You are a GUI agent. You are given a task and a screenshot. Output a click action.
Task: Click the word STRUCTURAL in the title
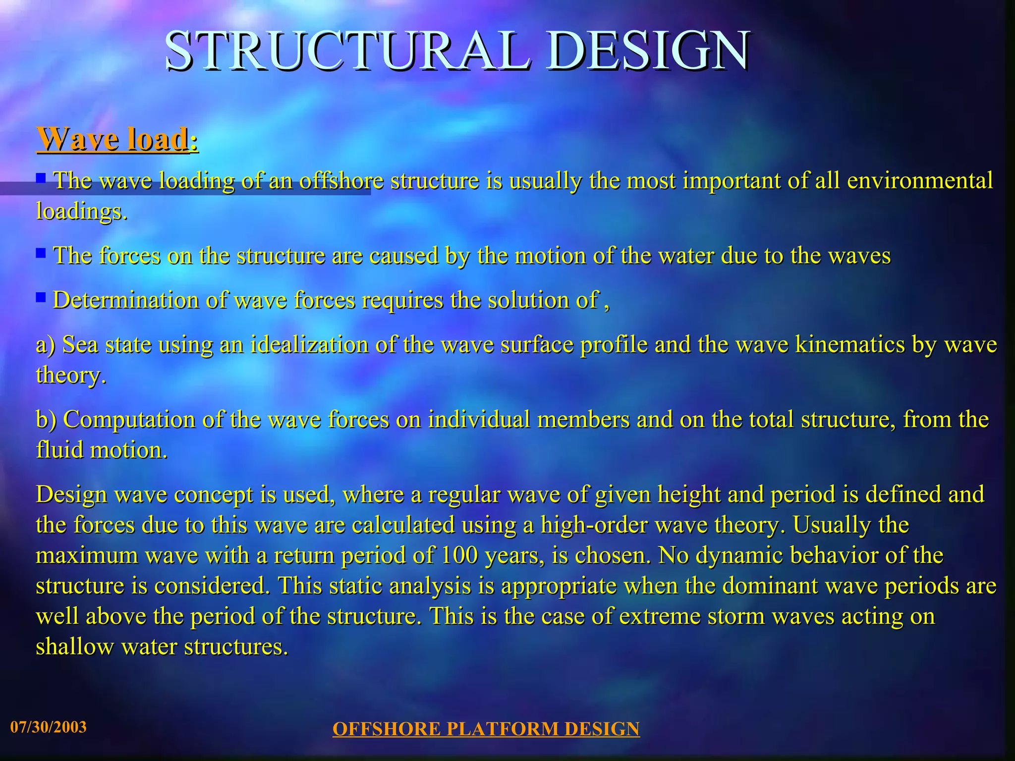coord(347,51)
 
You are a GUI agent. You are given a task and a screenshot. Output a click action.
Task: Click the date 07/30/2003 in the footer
coord(49,727)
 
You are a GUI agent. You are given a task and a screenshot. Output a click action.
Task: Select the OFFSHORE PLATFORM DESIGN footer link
coord(486,729)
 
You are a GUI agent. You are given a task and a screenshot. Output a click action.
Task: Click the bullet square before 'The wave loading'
coord(41,177)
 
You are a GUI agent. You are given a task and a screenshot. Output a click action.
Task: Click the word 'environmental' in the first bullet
coord(919,180)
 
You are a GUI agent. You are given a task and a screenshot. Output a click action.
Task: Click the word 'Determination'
coord(126,300)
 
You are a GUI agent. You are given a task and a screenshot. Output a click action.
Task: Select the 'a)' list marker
coord(46,345)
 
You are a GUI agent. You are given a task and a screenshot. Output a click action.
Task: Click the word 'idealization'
coord(309,345)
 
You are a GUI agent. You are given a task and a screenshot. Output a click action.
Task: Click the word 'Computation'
coord(129,420)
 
